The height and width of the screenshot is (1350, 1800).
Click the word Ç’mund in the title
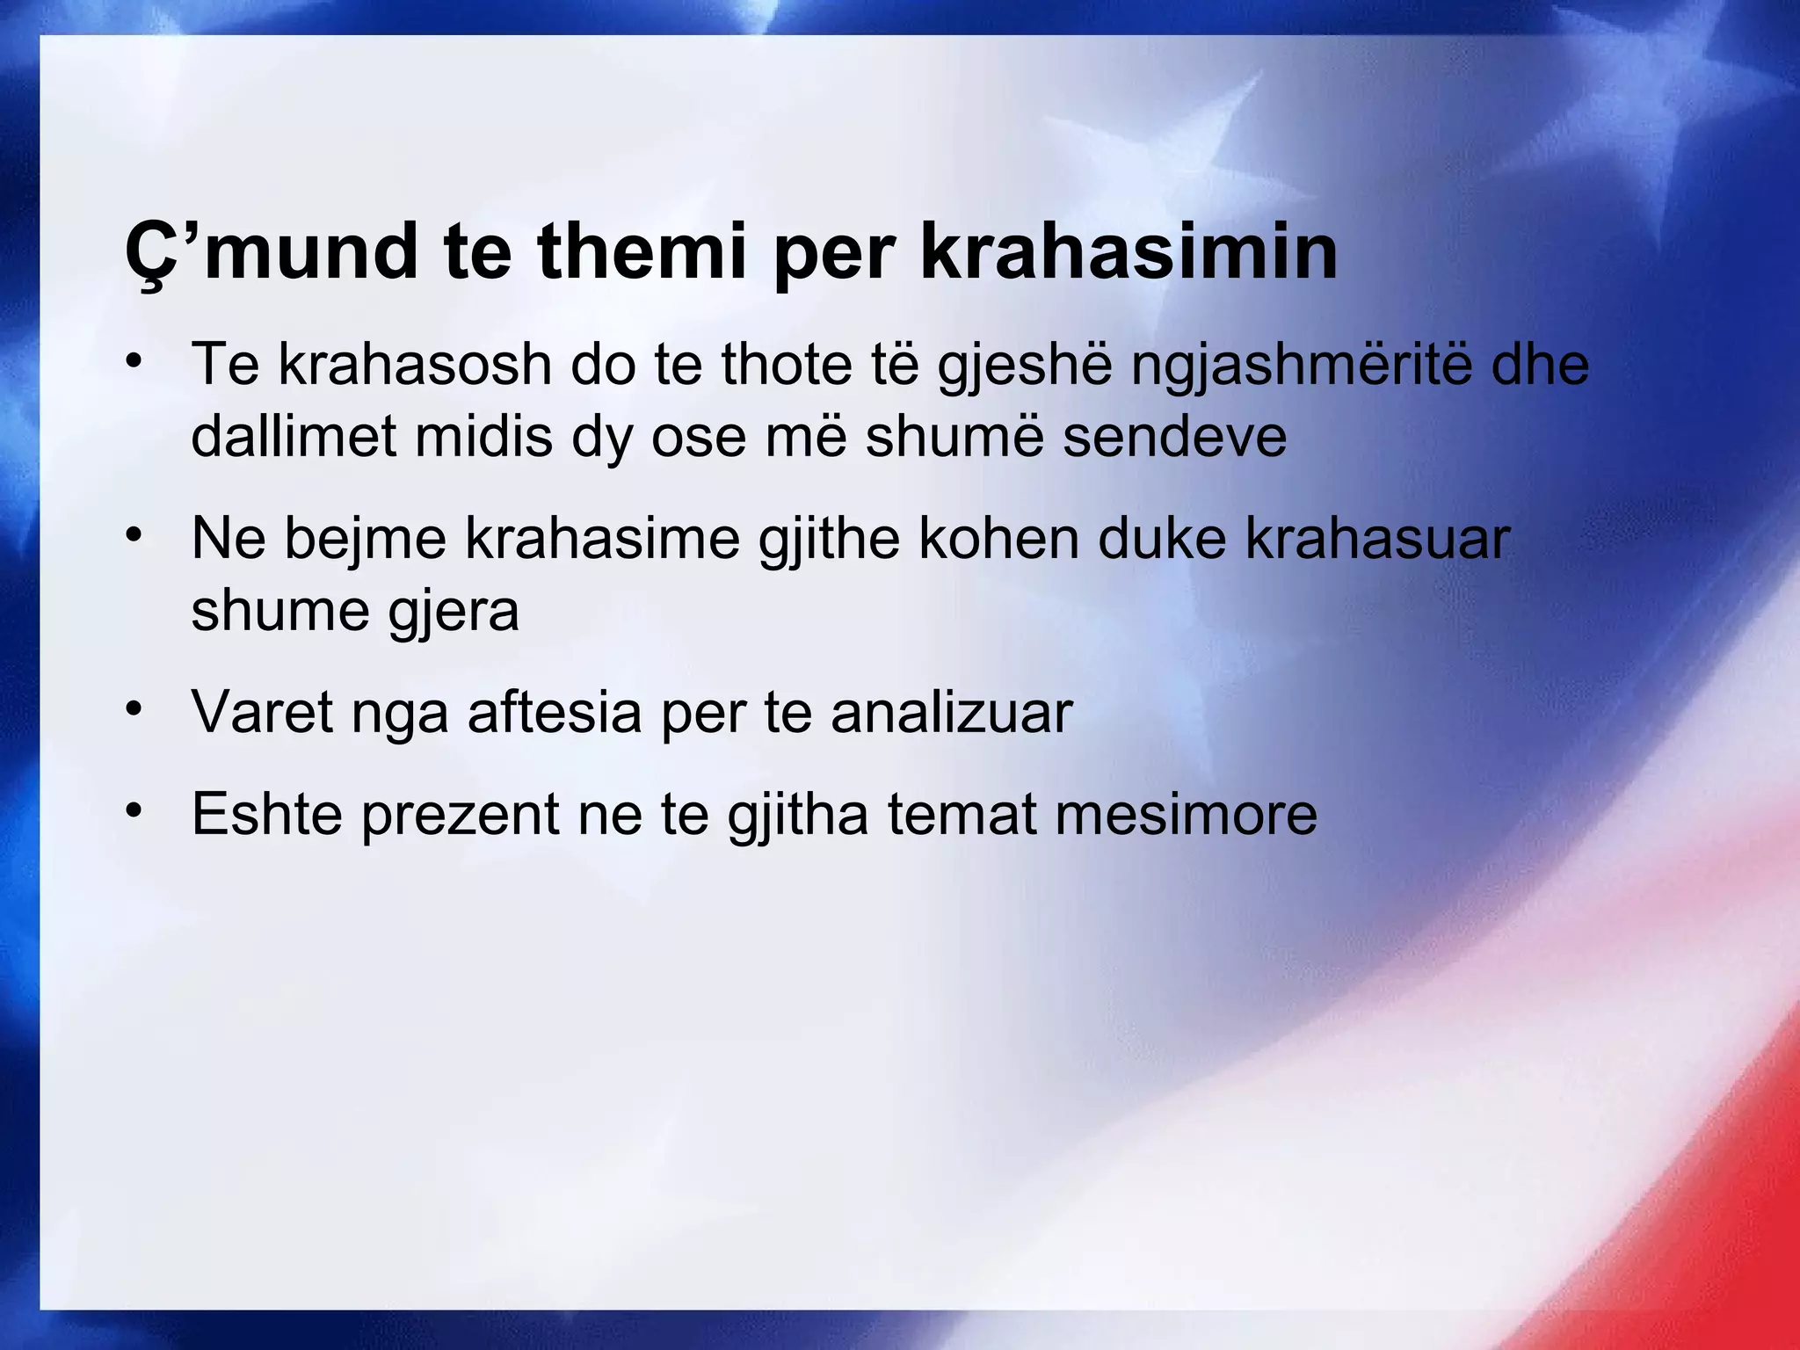point(271,252)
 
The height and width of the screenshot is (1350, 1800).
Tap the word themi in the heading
point(642,252)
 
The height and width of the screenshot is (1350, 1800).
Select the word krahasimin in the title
point(1129,252)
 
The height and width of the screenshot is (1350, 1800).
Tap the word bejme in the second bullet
point(365,539)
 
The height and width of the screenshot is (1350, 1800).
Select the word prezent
point(460,815)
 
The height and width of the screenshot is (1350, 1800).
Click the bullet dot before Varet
point(134,708)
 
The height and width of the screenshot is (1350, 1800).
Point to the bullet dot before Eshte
point(134,809)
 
